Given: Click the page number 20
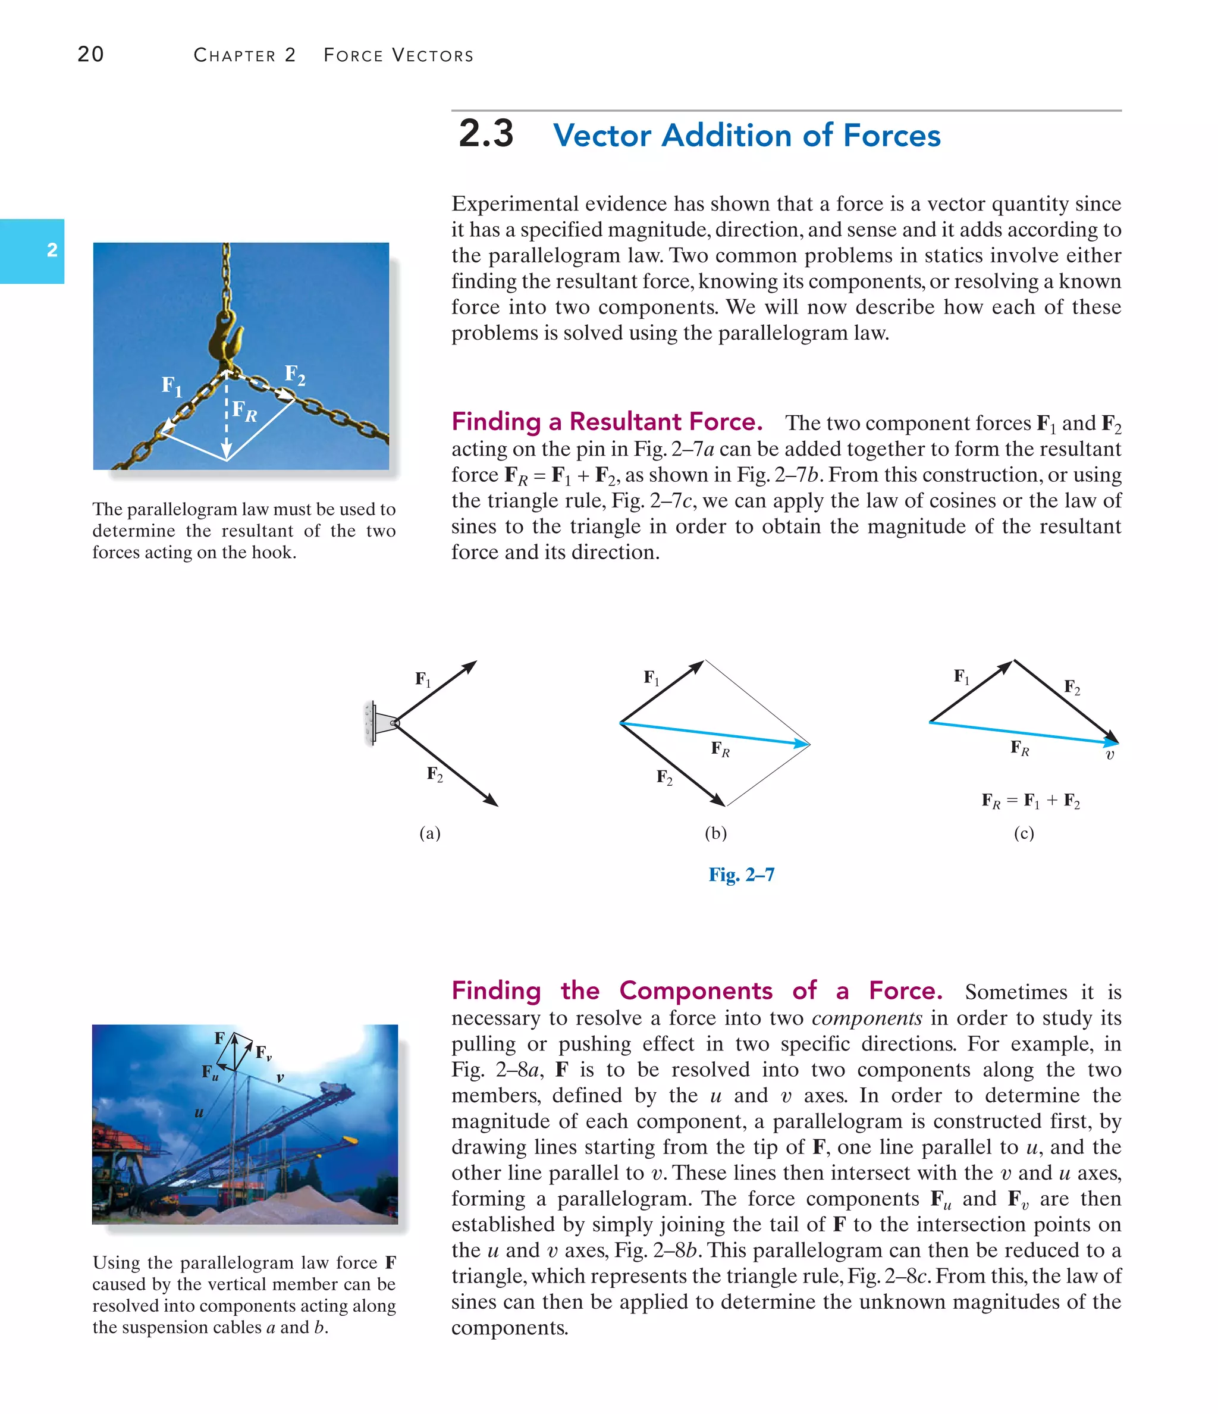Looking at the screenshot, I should click(x=91, y=54).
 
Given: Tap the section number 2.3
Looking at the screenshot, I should click(x=486, y=133).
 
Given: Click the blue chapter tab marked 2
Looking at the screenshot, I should click(x=32, y=250).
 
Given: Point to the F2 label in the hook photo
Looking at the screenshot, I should click(x=295, y=375).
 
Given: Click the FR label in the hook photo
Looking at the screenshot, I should click(x=244, y=411).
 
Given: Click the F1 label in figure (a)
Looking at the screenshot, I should click(x=423, y=679).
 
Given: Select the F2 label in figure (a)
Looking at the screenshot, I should click(x=435, y=774).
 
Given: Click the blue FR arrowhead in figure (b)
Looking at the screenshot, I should click(x=802, y=743).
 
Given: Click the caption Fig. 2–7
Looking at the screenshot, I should click(x=741, y=874).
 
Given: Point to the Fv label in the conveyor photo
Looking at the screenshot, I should click(x=264, y=1052).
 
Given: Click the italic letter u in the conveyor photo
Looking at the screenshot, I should click(x=199, y=1112).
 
